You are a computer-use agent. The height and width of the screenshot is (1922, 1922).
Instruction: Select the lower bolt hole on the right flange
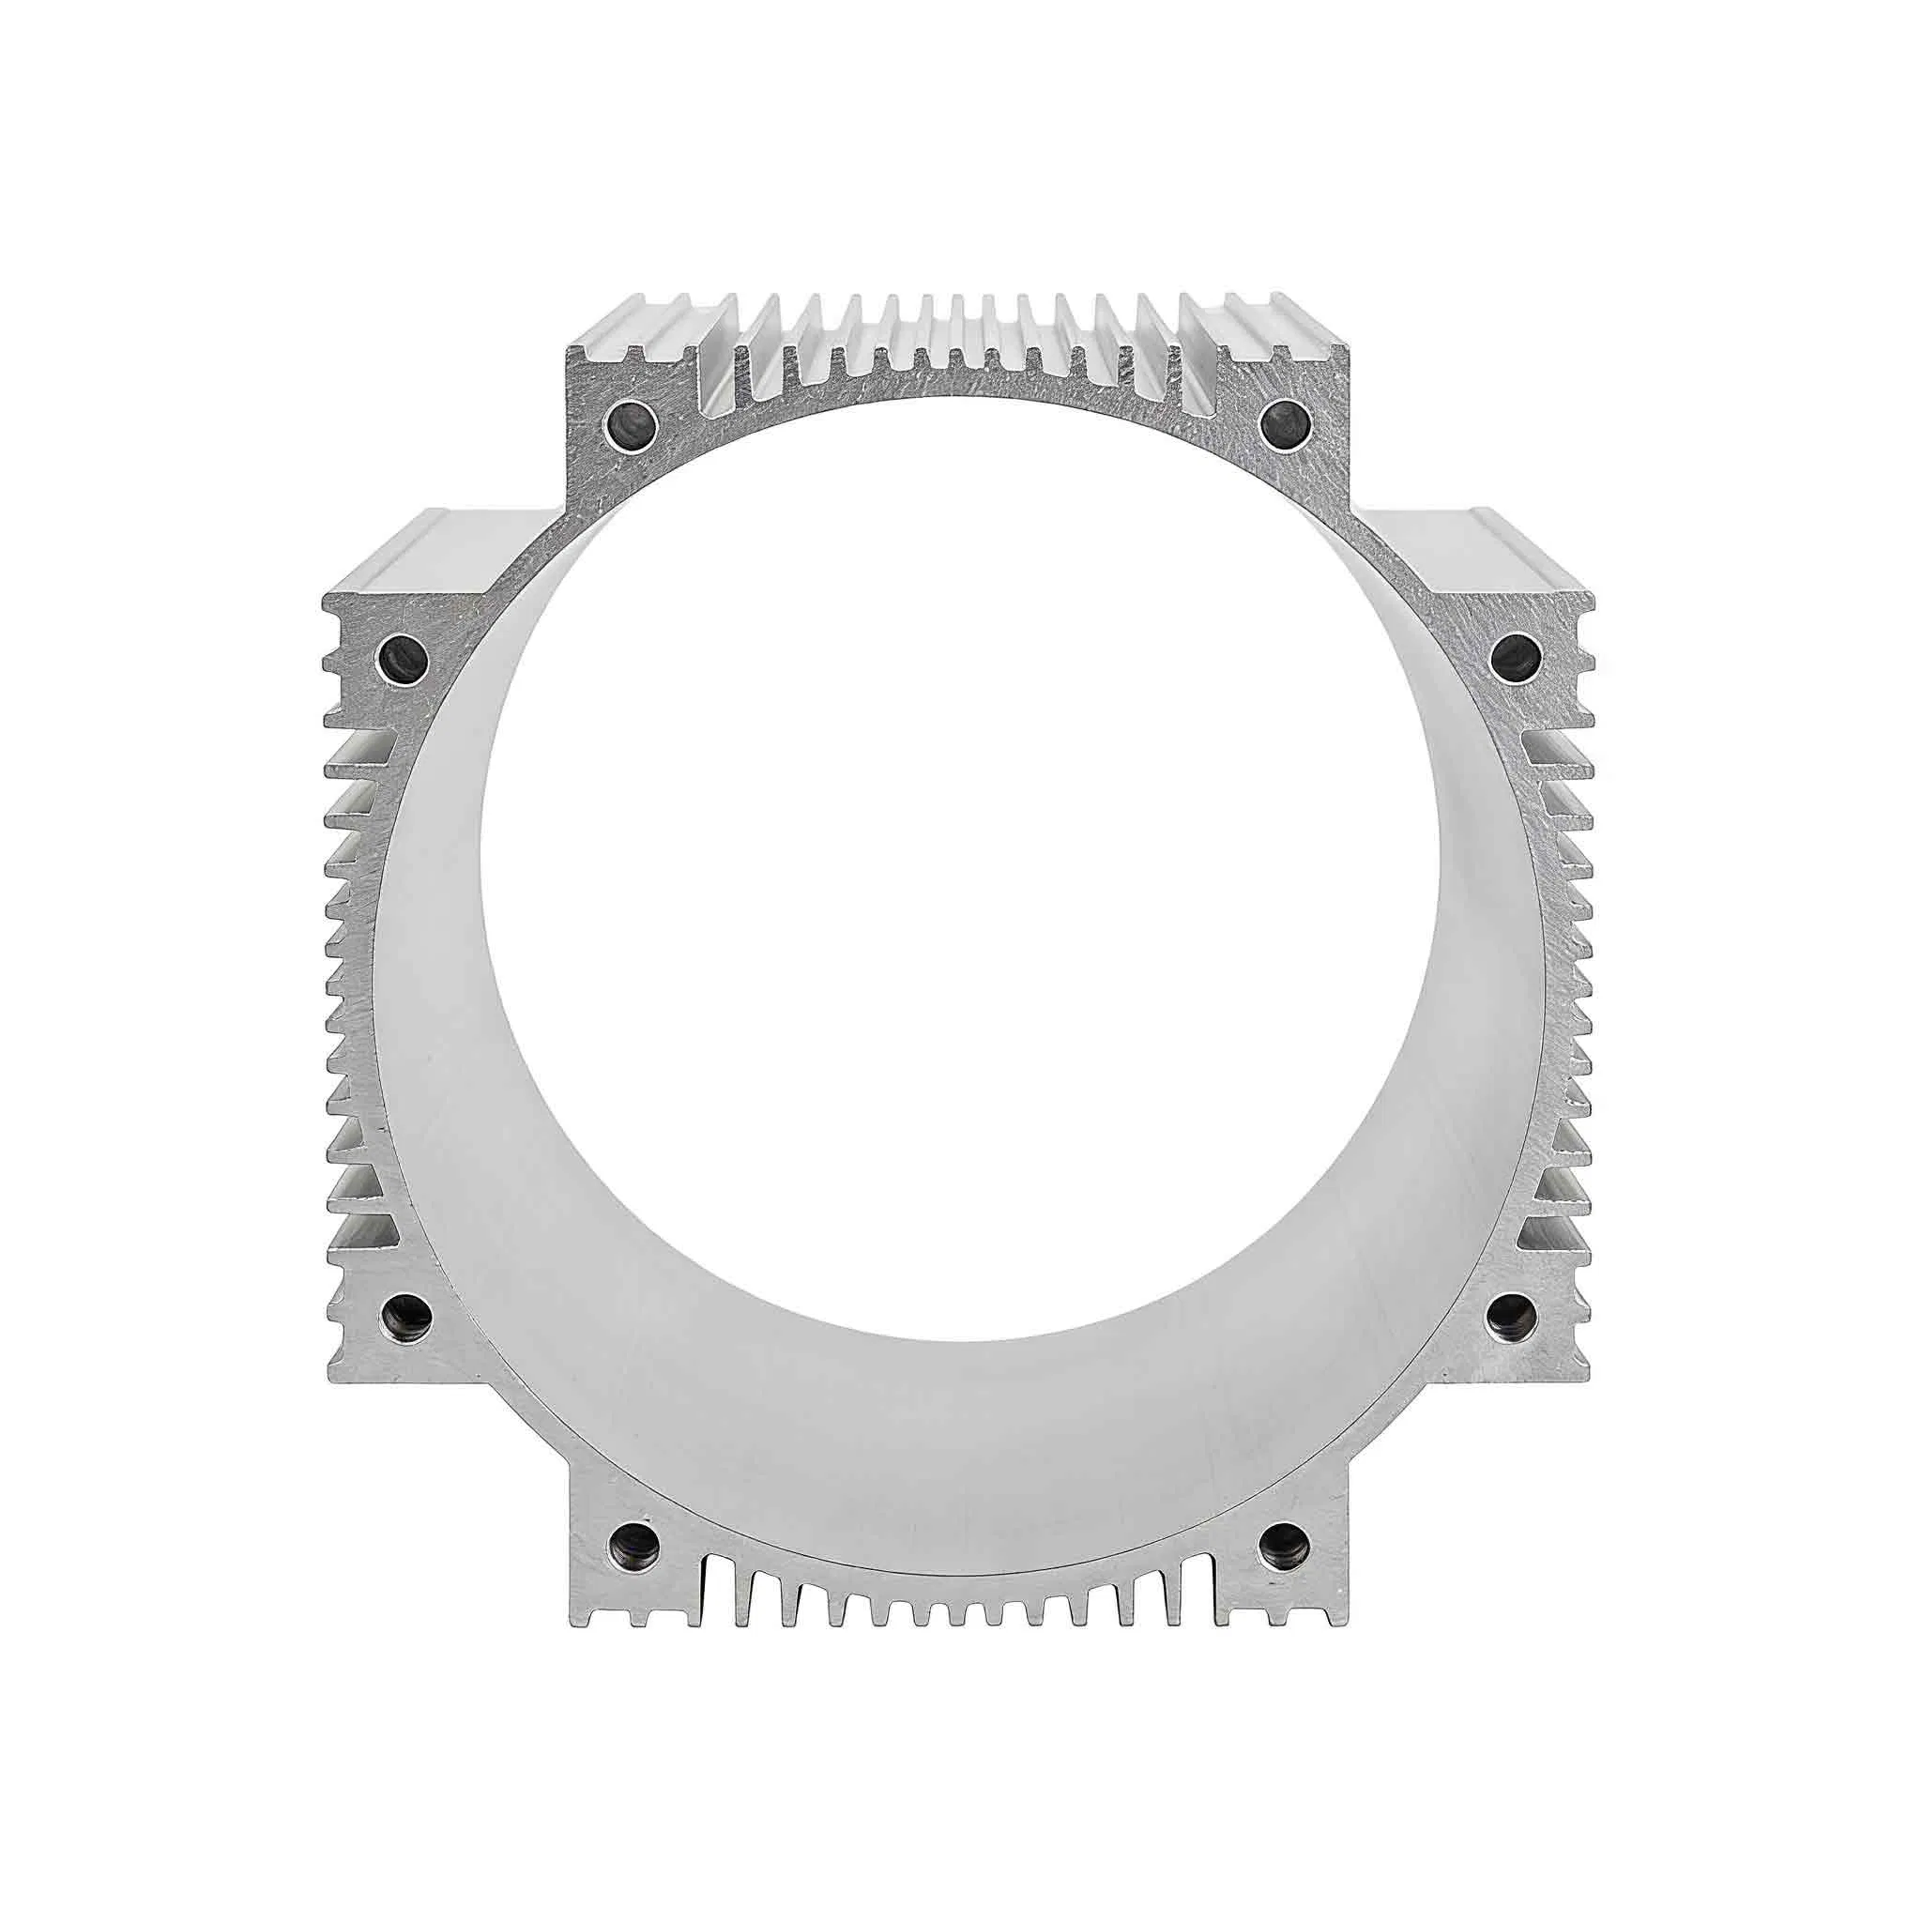[x=1512, y=1313]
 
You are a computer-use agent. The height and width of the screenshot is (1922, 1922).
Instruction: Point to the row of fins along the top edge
[x=960, y=343]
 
